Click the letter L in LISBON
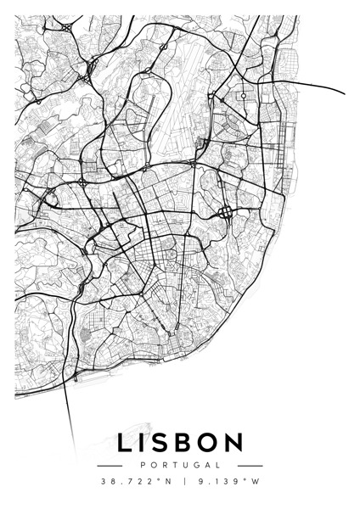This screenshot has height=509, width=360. [x=126, y=444]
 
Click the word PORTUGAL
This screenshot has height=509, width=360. [x=179, y=465]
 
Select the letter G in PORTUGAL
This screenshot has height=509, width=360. [x=195, y=465]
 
